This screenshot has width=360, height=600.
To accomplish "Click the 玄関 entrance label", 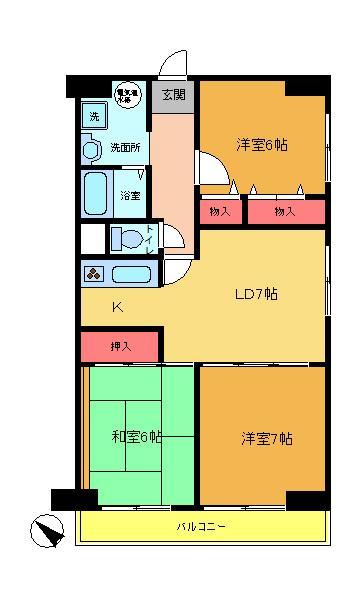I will [173, 96].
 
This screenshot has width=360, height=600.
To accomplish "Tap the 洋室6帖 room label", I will [262, 144].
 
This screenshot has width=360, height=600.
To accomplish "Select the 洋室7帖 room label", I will [266, 438].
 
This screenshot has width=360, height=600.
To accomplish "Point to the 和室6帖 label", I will [137, 436].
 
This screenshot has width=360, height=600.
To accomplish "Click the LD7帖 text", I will [256, 294].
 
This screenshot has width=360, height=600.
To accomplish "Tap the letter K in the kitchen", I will [116, 306].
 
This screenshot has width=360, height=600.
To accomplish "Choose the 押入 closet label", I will [120, 346].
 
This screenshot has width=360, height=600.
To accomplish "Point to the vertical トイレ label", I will [149, 240].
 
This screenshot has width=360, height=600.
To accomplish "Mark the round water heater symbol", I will [125, 95].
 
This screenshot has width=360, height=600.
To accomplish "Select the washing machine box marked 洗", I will [94, 116].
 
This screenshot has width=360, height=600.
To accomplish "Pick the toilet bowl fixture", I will [127, 239].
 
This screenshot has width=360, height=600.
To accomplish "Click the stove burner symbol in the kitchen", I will [94, 275].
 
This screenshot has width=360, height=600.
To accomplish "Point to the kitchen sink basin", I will [130, 275].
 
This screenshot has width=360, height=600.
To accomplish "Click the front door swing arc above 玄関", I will [176, 62].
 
